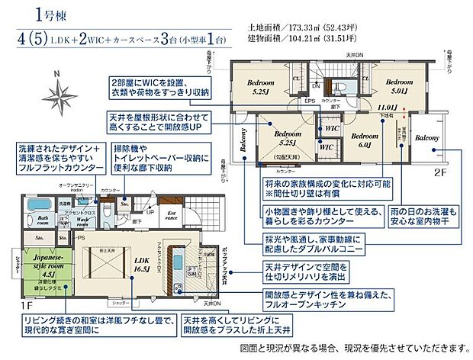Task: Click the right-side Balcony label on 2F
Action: pos(426,137)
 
